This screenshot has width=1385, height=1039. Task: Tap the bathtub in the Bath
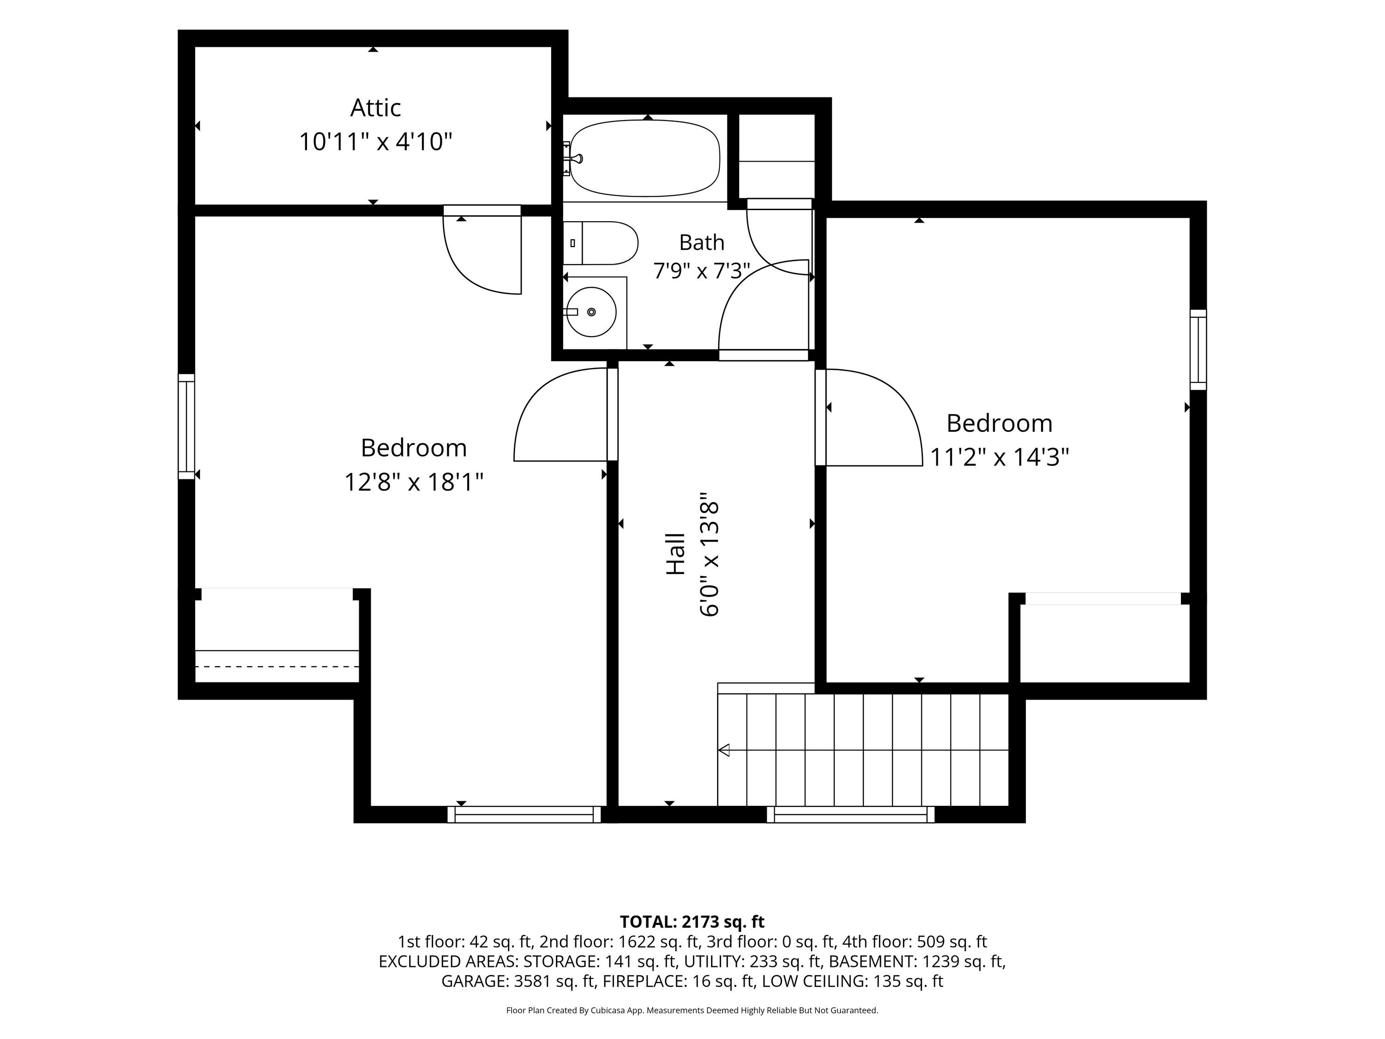click(x=645, y=158)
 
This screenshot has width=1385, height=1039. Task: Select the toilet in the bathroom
click(x=600, y=243)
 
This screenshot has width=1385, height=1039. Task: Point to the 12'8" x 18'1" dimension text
click(x=414, y=482)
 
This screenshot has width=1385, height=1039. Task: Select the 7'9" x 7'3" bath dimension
click(x=702, y=271)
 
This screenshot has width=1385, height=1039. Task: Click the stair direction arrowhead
click(x=724, y=749)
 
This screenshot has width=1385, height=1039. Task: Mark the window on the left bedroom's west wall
click(x=187, y=427)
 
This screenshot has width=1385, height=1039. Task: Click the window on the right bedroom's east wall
click(x=1198, y=350)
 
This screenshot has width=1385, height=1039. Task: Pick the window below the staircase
click(x=850, y=814)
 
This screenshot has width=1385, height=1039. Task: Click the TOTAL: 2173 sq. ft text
click(x=692, y=922)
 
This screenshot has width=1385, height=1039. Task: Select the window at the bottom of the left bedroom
click(x=524, y=814)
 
